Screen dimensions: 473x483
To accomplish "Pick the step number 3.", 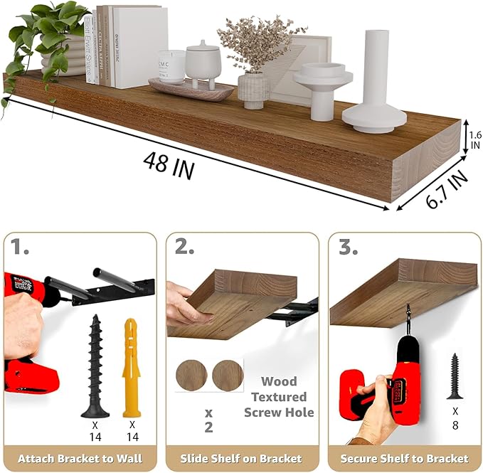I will point(349,249).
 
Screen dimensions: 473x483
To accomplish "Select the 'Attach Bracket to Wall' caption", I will point(80,458).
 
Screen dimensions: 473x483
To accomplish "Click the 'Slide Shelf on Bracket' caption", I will point(242,458).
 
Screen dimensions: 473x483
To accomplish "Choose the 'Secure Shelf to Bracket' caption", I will point(404,458).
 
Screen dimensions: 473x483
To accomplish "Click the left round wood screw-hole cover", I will point(191,374).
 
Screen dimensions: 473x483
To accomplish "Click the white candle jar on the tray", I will point(171,67).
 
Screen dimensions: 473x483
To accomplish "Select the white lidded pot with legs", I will point(203,65).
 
